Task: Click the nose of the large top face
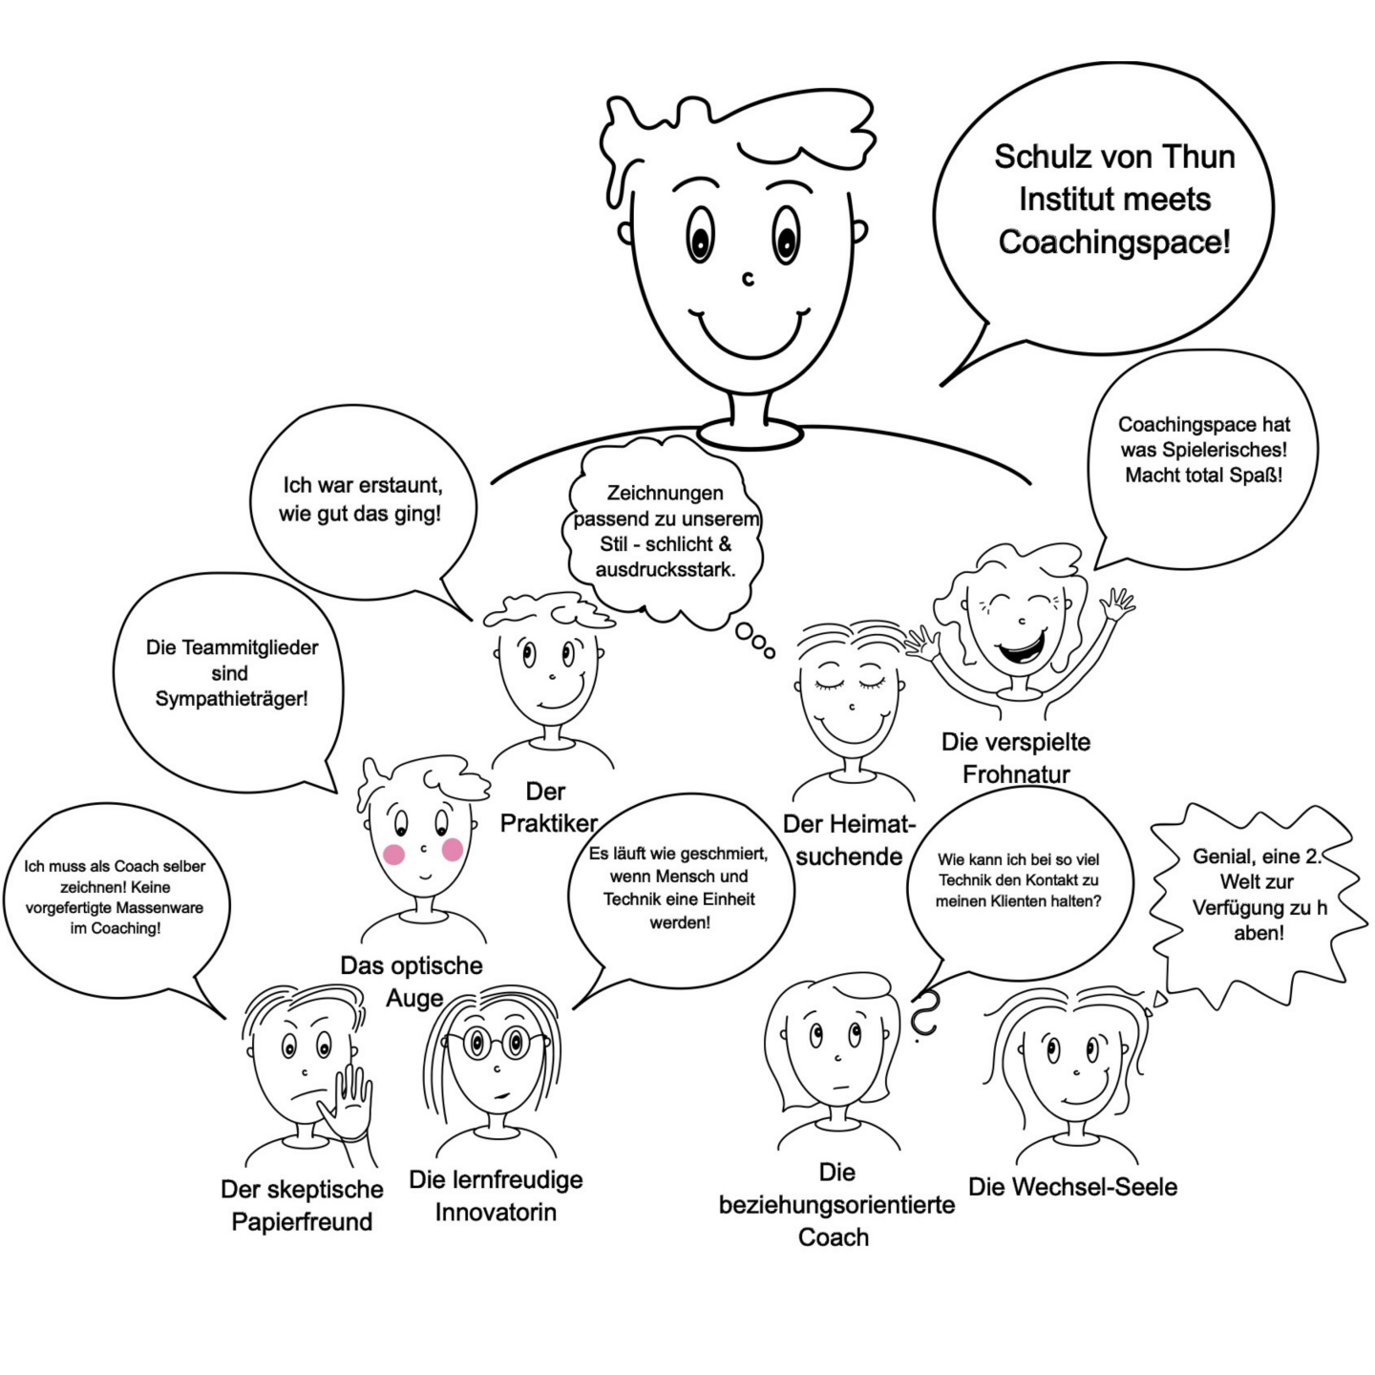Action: click(x=748, y=279)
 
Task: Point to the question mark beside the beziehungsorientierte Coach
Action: click(x=923, y=1014)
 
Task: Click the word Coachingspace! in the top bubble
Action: click(x=1114, y=242)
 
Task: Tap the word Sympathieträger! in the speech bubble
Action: click(x=231, y=698)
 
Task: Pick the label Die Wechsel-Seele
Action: click(x=1072, y=1187)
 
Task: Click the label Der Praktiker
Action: click(x=548, y=807)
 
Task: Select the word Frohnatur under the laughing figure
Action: click(x=1016, y=773)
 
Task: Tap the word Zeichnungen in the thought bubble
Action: click(x=666, y=494)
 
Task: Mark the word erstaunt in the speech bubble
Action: click(x=401, y=485)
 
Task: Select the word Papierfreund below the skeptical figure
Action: click(x=302, y=1221)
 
